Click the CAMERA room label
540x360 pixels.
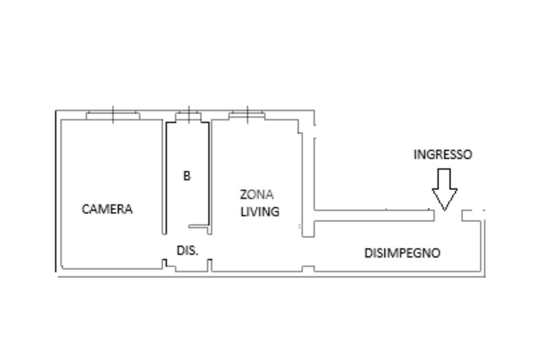pos(107,209)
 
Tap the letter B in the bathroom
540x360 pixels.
pos(187,176)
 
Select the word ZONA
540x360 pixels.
pos(257,194)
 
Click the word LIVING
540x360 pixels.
pos(259,212)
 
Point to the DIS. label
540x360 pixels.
pos(187,250)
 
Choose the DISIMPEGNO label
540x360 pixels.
pos(402,253)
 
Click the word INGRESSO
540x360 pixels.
pos(442,154)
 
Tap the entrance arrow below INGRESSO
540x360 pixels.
pos(445,189)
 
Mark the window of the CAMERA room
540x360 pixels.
pos(113,115)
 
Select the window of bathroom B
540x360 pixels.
pos(188,115)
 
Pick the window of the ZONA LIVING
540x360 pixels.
pos(247,115)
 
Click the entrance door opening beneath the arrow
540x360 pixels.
pos(448,216)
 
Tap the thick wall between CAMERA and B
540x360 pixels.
pos(165,177)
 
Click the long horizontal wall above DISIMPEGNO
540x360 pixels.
pos(374,216)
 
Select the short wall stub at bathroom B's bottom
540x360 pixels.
pos(198,227)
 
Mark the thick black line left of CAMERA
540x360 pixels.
pos(56,191)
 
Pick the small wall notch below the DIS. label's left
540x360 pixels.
pos(165,264)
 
